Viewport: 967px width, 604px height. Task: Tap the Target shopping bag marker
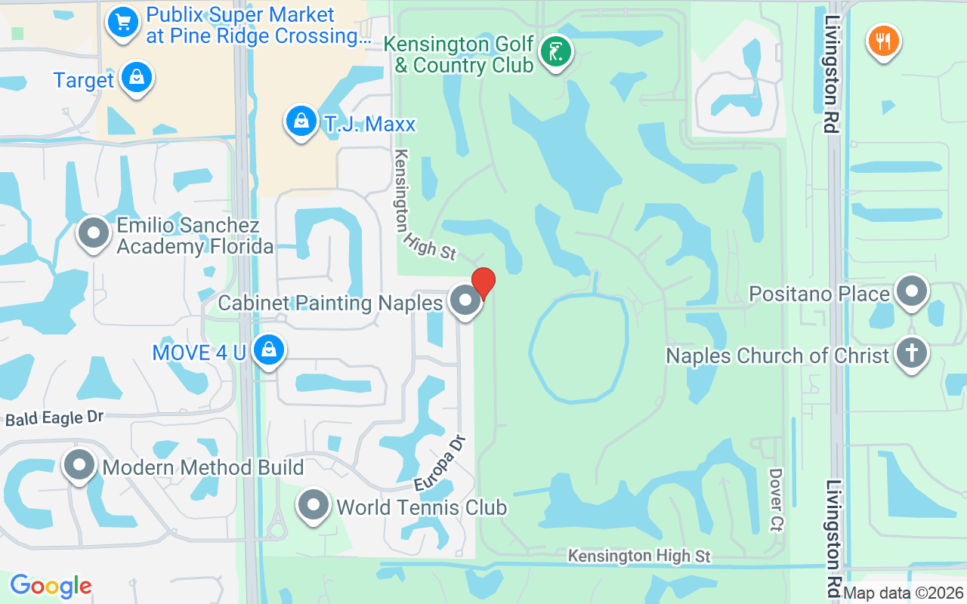tap(137, 78)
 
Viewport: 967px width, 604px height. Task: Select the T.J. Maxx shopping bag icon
tap(301, 121)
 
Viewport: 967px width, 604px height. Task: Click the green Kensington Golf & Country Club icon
tap(556, 51)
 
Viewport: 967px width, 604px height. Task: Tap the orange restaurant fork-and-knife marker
tap(882, 39)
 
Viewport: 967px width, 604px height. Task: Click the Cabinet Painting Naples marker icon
tap(465, 301)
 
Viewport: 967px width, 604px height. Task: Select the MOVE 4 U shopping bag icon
tap(268, 350)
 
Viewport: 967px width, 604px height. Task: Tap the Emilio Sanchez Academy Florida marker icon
tap(94, 233)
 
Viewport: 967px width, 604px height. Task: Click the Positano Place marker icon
tap(911, 291)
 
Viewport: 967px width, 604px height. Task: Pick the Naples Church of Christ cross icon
tap(911, 353)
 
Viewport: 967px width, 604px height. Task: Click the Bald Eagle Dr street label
tap(54, 418)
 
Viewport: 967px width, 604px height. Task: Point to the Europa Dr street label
tap(443, 463)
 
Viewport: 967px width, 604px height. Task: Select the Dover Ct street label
tap(775, 499)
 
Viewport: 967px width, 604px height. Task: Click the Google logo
tap(51, 586)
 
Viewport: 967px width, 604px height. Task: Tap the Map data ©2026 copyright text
tap(904, 593)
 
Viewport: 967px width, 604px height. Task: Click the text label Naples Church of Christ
tap(777, 356)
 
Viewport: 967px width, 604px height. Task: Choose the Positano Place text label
tap(820, 293)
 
